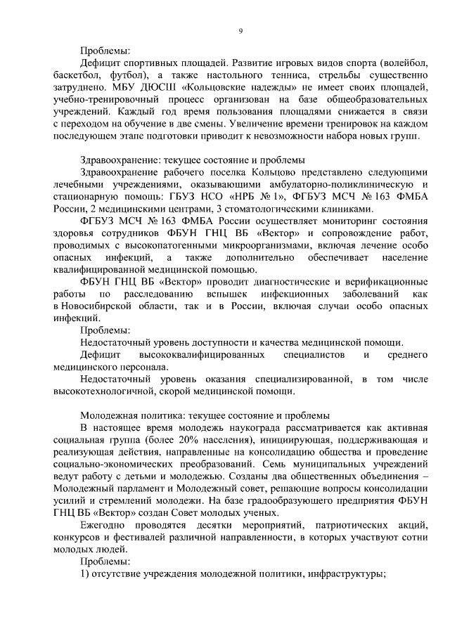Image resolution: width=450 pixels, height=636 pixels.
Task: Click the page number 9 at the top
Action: pos(240,31)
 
